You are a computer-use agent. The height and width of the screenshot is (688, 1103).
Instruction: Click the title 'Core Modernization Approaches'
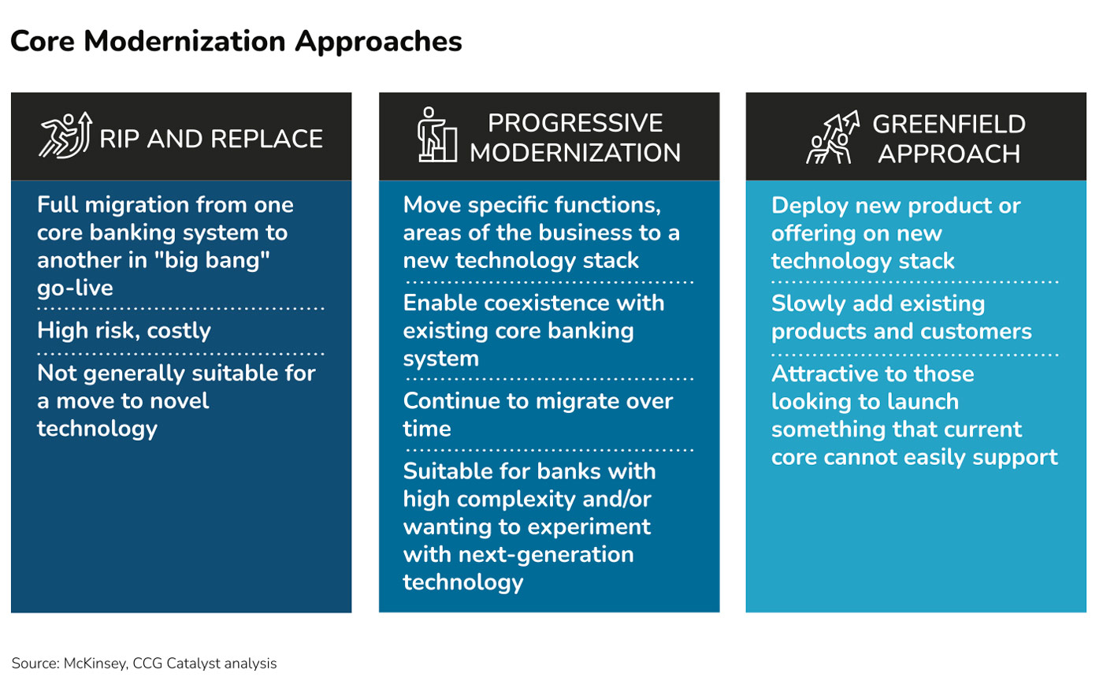236,41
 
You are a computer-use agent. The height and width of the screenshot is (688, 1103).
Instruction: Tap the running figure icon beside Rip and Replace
65,135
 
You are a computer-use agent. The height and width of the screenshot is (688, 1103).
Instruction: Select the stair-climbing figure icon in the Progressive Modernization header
436,135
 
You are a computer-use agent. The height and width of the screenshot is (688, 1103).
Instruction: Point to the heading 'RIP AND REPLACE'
211,139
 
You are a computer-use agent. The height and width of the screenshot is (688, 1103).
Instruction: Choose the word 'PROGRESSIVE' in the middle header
575,123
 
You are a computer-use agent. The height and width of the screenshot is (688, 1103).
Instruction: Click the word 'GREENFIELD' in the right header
949,124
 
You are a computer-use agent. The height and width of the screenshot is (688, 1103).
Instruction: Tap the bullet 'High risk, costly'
124,331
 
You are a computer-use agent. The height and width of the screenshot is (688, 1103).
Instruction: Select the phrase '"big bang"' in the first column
212,260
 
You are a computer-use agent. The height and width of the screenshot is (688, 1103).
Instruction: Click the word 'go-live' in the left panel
76,288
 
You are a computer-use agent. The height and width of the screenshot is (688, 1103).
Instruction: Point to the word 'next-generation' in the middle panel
546,555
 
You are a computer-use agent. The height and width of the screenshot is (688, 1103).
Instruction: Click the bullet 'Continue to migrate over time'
537,415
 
